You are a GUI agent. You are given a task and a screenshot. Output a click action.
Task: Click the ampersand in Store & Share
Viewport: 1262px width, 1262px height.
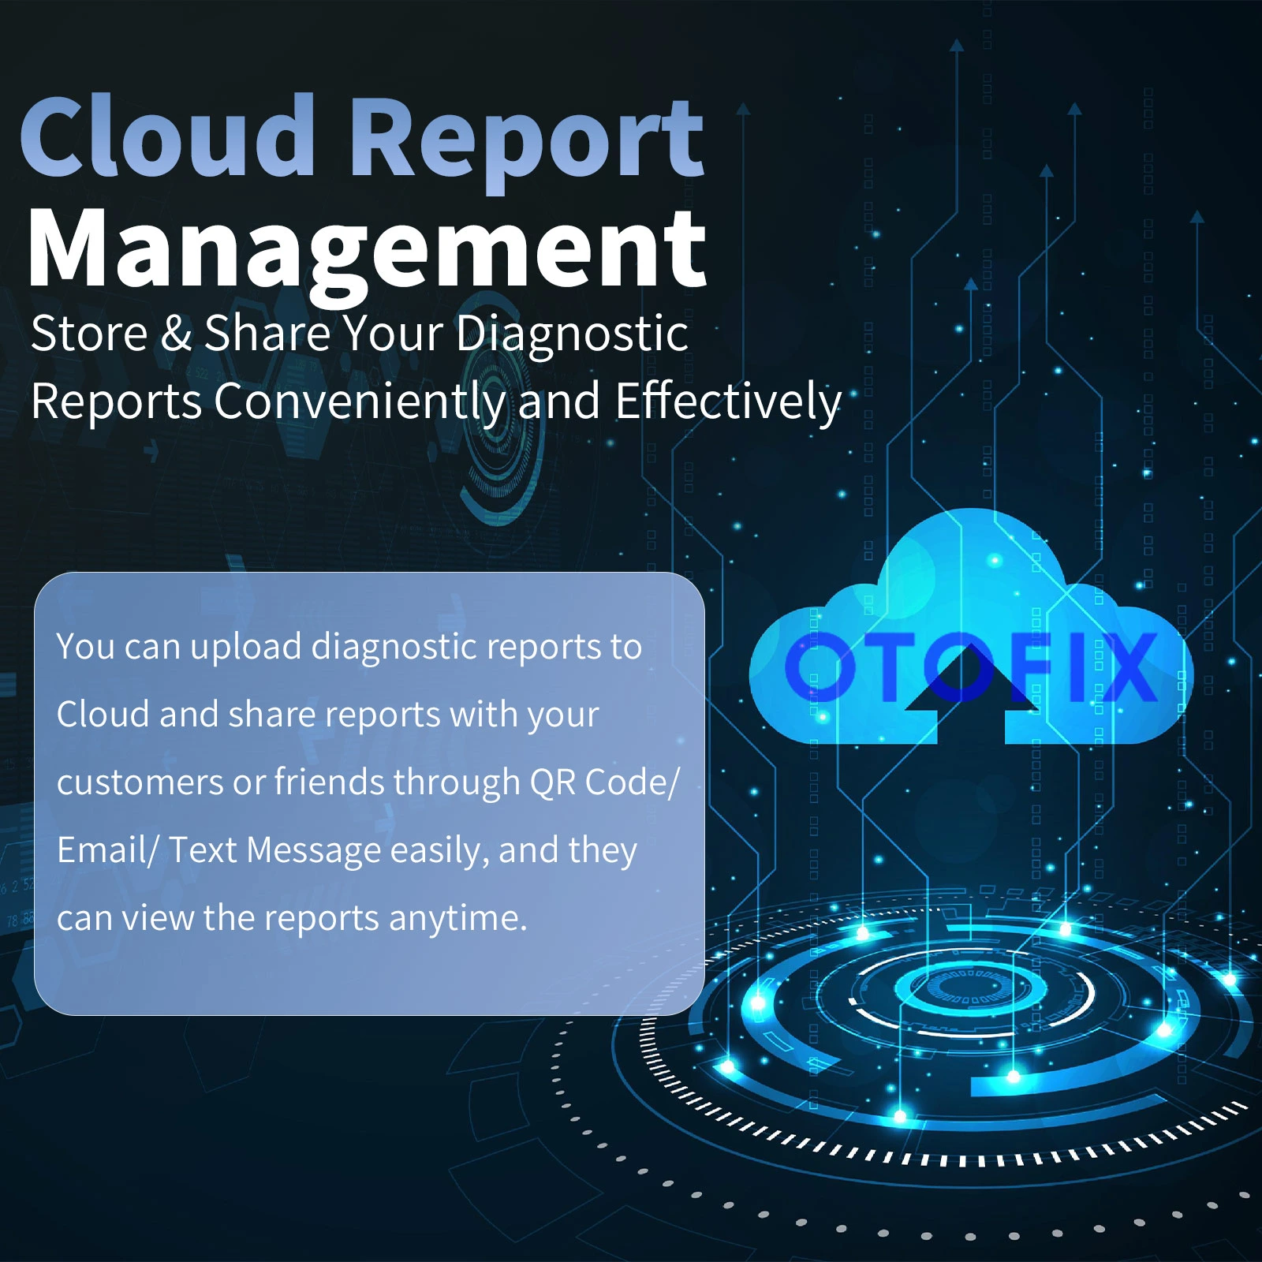[176, 333]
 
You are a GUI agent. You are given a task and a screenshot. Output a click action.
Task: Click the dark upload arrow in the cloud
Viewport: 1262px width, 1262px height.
[971, 694]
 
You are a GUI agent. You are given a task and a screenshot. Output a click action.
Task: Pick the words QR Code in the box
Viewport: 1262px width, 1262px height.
[599, 782]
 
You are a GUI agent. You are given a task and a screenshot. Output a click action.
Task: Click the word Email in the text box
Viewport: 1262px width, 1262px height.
[102, 850]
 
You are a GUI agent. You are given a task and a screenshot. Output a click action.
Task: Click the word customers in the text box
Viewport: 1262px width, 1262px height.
[140, 783]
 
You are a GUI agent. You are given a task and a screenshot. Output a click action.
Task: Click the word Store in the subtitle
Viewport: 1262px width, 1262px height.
[89, 333]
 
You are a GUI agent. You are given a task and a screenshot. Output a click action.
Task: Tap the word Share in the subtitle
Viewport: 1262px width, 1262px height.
[267, 333]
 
